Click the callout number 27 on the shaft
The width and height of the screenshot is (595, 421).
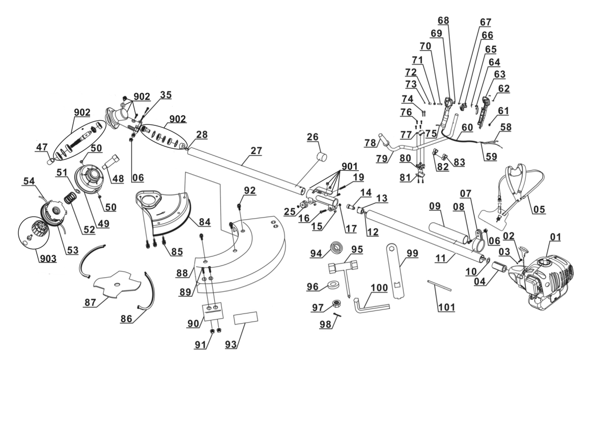(257, 151)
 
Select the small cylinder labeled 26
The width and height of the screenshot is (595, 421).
(323, 156)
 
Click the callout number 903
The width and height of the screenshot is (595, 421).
(47, 259)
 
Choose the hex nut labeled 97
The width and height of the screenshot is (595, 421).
(336, 303)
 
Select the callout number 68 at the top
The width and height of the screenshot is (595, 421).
(443, 20)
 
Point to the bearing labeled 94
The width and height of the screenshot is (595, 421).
(336, 247)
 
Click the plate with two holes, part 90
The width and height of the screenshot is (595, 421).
(213, 309)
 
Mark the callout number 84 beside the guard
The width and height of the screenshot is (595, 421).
(205, 222)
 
